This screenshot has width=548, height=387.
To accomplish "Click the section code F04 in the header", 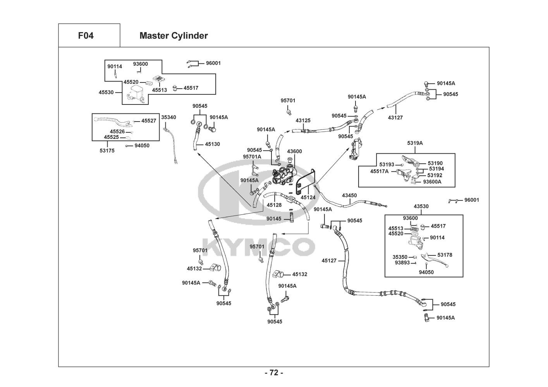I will pos(86,36).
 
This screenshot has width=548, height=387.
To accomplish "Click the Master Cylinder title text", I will pos(174,36).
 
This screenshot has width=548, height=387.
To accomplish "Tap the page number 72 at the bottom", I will pos(274,373).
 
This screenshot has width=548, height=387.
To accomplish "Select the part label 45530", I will pos(106,92).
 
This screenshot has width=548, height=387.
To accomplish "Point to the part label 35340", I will pos(168,117).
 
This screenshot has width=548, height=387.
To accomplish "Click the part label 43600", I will pos(294,151).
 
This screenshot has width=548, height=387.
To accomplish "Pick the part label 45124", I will pos(308,197).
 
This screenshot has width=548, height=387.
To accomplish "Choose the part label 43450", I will pos(349,195).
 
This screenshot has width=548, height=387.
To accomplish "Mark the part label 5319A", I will pos(415,143).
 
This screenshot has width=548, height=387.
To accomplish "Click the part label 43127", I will pos(395,118).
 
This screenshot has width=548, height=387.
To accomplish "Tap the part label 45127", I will pos(329,260).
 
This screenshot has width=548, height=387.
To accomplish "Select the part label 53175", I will pos(107,151).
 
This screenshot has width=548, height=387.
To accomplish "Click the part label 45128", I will pos(274,205).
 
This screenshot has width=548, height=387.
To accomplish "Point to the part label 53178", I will pos(445,255).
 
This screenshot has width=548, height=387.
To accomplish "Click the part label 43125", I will pos(303,121).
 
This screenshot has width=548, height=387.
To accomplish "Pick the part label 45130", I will pos(212,144).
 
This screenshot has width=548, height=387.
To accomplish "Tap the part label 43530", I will pos(421,206).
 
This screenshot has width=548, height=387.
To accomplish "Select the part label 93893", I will pos(402,262).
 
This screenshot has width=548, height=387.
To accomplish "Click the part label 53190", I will pos(435,163).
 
